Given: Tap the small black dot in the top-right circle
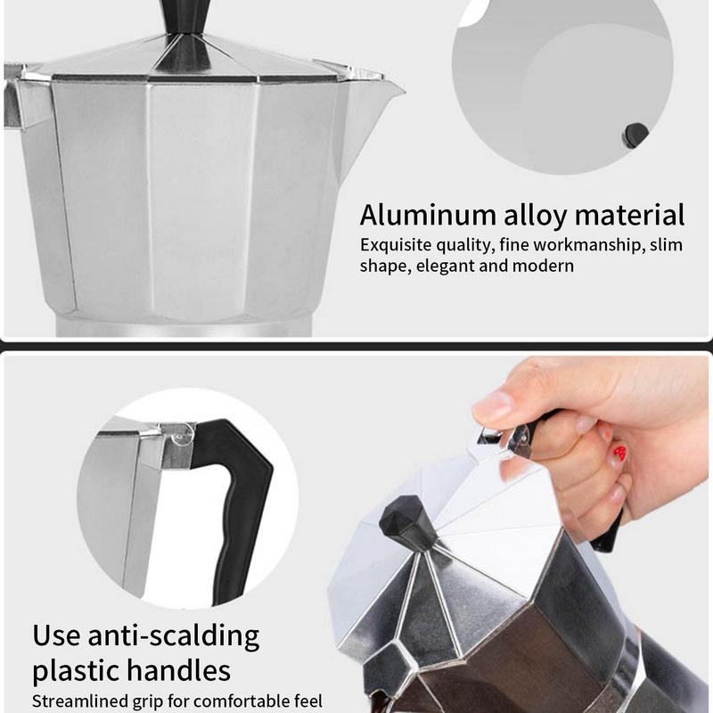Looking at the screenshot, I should [635, 134].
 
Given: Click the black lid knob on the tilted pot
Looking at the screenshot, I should [407, 526].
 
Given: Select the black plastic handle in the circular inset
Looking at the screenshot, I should [239, 499].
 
